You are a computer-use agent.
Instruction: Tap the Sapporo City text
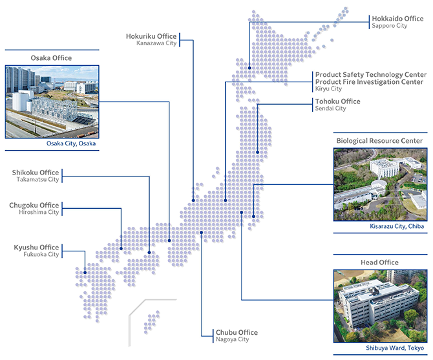pyautogui.click(x=389, y=26)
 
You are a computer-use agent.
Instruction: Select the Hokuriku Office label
pyautogui.click(x=151, y=36)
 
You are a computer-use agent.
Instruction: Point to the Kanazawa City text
pyautogui.click(x=156, y=44)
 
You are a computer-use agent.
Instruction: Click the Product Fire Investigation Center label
pyautogui.click(x=369, y=82)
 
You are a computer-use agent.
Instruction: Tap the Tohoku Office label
pyautogui.click(x=337, y=101)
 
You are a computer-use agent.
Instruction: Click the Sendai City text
pyautogui.click(x=330, y=109)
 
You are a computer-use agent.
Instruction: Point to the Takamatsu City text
pyautogui.click(x=37, y=180)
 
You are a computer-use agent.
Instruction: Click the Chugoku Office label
pyautogui.click(x=34, y=206)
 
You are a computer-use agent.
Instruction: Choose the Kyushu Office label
pyautogui.click(x=36, y=248)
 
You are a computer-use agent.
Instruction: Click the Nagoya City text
pyautogui.click(x=233, y=340)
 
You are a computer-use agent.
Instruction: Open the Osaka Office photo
pyautogui.click(x=51, y=101)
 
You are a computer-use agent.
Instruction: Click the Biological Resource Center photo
pyautogui.click(x=379, y=185)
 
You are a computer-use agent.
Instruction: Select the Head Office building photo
pyautogui.click(x=379, y=306)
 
